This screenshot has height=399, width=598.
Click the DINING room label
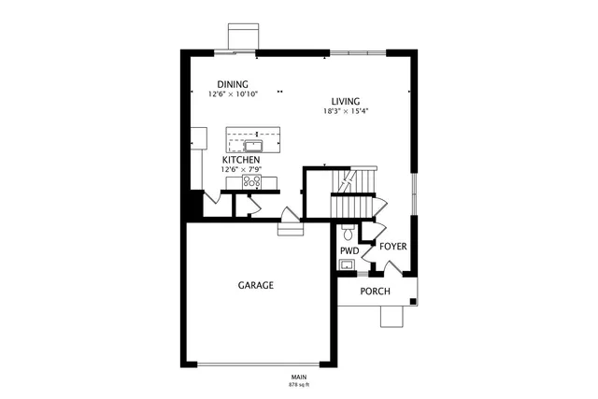pyautogui.click(x=233, y=84)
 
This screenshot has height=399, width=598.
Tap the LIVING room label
pyautogui.click(x=345, y=101)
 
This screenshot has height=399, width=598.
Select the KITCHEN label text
pyautogui.click(x=241, y=160)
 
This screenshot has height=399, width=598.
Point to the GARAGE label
pyautogui.click(x=255, y=285)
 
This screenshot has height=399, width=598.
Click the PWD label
pyautogui.click(x=349, y=251)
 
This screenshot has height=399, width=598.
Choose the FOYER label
pyautogui.click(x=392, y=247)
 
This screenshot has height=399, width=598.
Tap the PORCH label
pyautogui.click(x=375, y=291)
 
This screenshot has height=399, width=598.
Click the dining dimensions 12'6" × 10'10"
pyautogui.click(x=233, y=94)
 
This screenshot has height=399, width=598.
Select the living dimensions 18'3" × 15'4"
pyautogui.click(x=345, y=111)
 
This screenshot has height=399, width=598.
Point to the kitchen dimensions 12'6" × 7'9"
pyautogui.click(x=241, y=169)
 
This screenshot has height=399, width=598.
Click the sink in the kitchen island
pyautogui.click(x=252, y=145)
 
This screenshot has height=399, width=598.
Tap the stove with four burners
pyautogui.click(x=252, y=181)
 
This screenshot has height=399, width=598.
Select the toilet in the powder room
pyautogui.click(x=348, y=234)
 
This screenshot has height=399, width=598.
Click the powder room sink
pyautogui.click(x=347, y=265)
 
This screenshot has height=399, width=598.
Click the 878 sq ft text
pyautogui.click(x=299, y=384)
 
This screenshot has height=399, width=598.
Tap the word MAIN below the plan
pyautogui.click(x=299, y=378)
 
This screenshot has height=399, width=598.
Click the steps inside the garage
pyautogui.click(x=291, y=227)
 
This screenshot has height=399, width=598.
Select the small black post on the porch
pyautogui.click(x=413, y=301)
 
